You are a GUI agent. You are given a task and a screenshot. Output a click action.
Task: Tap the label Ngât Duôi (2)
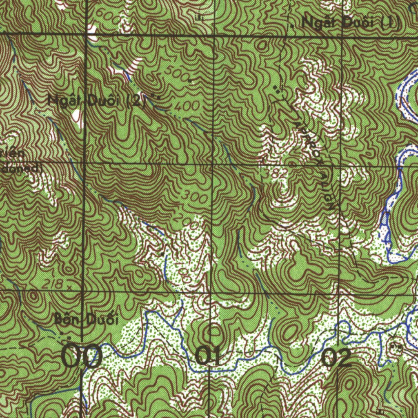[96, 100]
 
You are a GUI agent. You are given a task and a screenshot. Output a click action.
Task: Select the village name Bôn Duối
[86, 320]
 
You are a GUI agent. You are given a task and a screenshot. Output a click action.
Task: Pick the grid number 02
[336, 358]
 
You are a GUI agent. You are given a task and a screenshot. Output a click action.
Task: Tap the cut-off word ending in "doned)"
[20, 168]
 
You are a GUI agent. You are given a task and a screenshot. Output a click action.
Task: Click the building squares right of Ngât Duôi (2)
[155, 97]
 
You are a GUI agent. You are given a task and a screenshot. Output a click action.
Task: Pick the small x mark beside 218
[69, 287]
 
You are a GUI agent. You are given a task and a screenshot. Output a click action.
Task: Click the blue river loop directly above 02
[345, 327]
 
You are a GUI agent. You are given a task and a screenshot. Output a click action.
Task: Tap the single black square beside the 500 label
[190, 81]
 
